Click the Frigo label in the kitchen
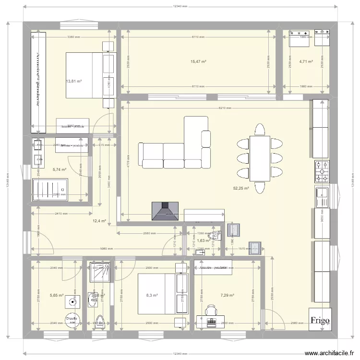point(319,321)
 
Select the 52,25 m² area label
point(240,189)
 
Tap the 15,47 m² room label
point(198,62)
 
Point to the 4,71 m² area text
point(306,62)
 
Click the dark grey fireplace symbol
point(166,211)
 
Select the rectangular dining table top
point(259,158)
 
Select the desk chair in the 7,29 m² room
point(211,311)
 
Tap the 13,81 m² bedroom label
point(73,82)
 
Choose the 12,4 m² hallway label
point(99,221)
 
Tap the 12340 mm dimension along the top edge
point(180,7)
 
